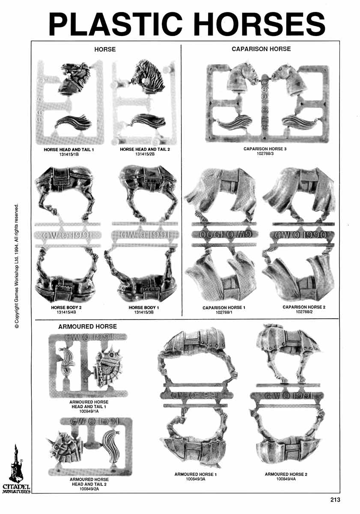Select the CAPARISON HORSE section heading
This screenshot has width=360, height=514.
[261, 49]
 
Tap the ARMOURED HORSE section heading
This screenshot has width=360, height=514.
[87, 326]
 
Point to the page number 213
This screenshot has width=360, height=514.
[335, 499]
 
